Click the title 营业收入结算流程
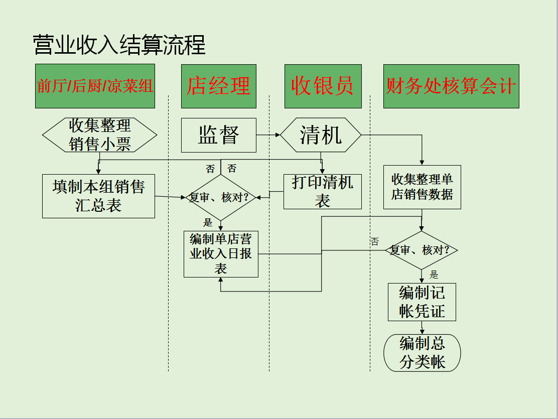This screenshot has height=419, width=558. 119,45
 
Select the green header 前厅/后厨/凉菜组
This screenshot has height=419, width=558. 95,86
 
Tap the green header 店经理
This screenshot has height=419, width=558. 219,86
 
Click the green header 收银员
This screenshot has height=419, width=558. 323,86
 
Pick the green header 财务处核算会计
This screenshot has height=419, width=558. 451,86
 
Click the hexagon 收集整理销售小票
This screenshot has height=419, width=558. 99,135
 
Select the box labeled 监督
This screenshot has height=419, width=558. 219,135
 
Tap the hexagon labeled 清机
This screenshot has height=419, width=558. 321,135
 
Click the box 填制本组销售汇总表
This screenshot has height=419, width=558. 98,196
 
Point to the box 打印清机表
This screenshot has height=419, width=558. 323,192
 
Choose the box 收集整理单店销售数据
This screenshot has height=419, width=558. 422,187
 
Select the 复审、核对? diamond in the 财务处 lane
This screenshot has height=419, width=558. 422,250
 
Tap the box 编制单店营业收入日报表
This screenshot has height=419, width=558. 221,253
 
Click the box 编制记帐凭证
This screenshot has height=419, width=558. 422,302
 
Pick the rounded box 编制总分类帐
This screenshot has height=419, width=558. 422,353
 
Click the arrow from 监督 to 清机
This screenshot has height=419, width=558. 268,135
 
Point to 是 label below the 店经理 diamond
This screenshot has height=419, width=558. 208,222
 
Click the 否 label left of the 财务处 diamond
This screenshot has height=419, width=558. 374,241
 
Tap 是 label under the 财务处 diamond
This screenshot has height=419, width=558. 434,274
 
